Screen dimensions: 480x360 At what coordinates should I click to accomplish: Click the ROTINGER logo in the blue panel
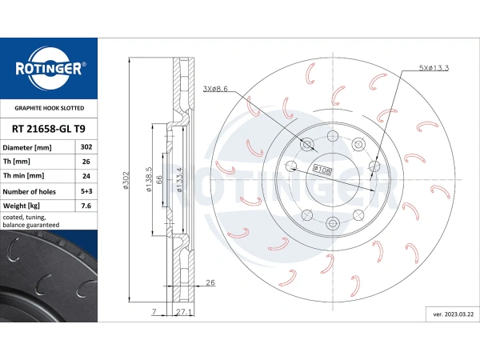(49, 69)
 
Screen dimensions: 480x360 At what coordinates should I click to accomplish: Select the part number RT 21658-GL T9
(49, 129)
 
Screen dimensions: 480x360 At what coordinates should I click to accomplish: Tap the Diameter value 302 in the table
(86, 147)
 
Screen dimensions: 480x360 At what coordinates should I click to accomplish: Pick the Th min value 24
(86, 176)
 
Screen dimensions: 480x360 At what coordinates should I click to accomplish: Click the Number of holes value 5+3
(86, 191)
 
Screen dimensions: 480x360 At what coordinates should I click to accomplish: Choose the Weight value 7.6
(86, 206)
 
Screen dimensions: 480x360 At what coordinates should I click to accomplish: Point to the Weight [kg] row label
(22, 206)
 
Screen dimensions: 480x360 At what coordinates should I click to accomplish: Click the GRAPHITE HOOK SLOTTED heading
(50, 108)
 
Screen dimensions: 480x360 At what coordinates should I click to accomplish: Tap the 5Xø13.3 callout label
(434, 68)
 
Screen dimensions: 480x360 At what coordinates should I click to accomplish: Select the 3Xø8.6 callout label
(215, 89)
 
